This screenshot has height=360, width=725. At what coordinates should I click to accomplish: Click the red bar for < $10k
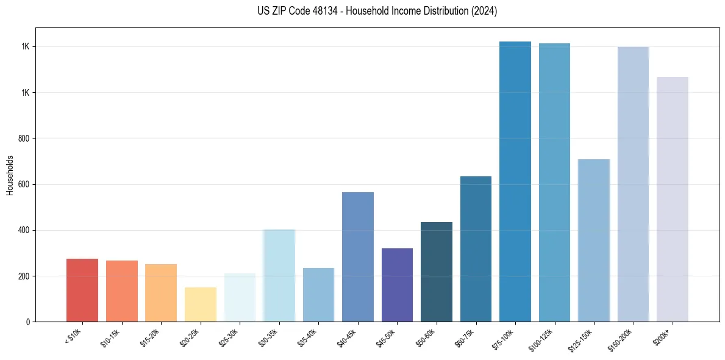(x=82, y=290)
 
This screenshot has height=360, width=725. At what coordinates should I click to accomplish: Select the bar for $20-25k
(x=201, y=304)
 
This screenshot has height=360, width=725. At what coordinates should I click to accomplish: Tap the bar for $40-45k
(x=358, y=257)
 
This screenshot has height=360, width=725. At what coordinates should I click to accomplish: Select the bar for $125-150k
(x=594, y=240)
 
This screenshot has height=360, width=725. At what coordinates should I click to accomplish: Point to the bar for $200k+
(x=673, y=199)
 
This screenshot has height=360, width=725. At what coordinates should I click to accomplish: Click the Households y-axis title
(x=10, y=175)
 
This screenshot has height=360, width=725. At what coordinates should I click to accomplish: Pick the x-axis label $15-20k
(x=150, y=337)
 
